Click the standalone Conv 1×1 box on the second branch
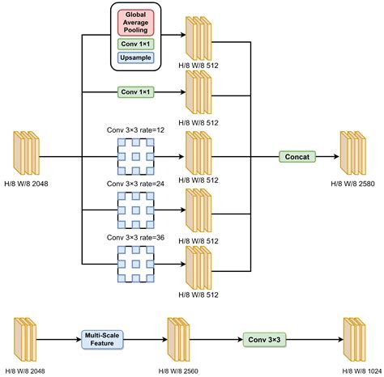point(137,93)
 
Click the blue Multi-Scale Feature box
point(103,339)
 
